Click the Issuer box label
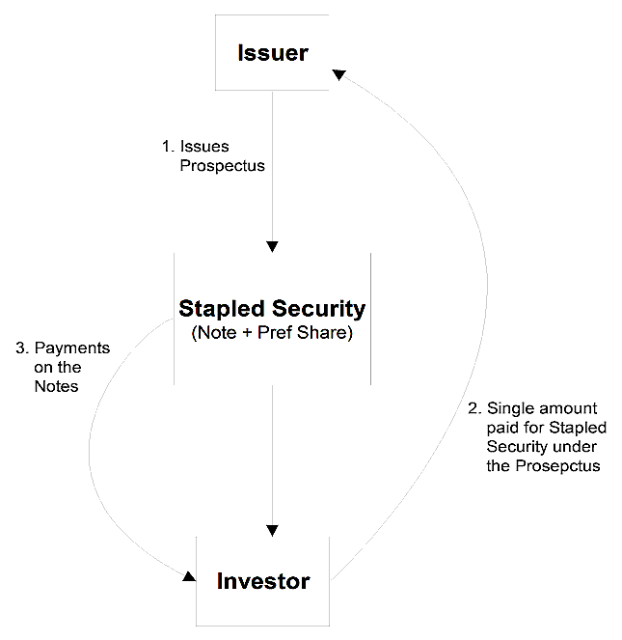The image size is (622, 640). [273, 53]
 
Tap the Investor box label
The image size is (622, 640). [263, 581]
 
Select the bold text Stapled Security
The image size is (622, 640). [272, 310]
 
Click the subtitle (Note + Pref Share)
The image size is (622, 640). [272, 333]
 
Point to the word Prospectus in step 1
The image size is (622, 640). [223, 166]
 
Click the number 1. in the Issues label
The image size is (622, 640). [168, 146]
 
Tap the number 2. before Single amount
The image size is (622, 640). [474, 408]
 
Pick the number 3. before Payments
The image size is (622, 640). [22, 348]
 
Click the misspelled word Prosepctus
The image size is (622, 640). [557, 466]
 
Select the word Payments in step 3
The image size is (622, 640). [72, 348]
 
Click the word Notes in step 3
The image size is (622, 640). [56, 386]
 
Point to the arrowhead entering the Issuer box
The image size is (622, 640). [339, 74]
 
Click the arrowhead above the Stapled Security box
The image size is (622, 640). [272, 246]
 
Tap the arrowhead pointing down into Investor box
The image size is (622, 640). [272, 531]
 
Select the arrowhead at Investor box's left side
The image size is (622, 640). [189, 576]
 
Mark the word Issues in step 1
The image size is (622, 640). [204, 147]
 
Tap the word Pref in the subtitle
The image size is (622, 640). [275, 333]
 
